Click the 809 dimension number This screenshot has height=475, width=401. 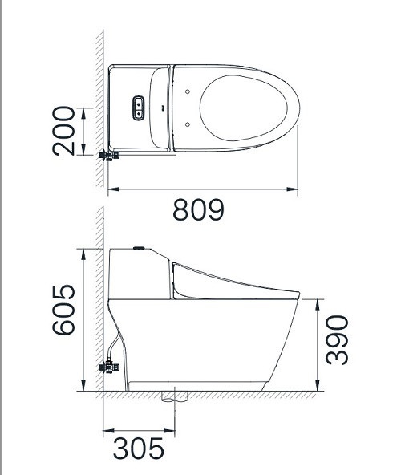point(198,210)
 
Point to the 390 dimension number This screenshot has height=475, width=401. point(338,339)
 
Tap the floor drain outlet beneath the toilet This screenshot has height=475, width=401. point(172,396)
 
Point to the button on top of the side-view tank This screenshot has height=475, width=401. point(140,249)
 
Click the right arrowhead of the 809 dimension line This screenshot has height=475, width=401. point(298,190)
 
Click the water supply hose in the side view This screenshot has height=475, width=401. point(117,348)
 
